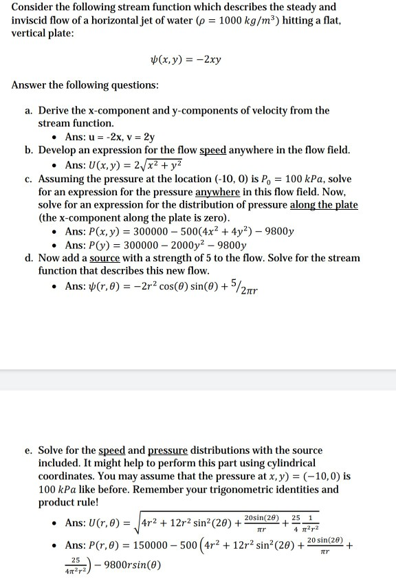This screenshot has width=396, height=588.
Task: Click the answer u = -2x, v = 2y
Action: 120,136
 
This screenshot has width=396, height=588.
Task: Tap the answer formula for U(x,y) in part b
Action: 127,164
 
